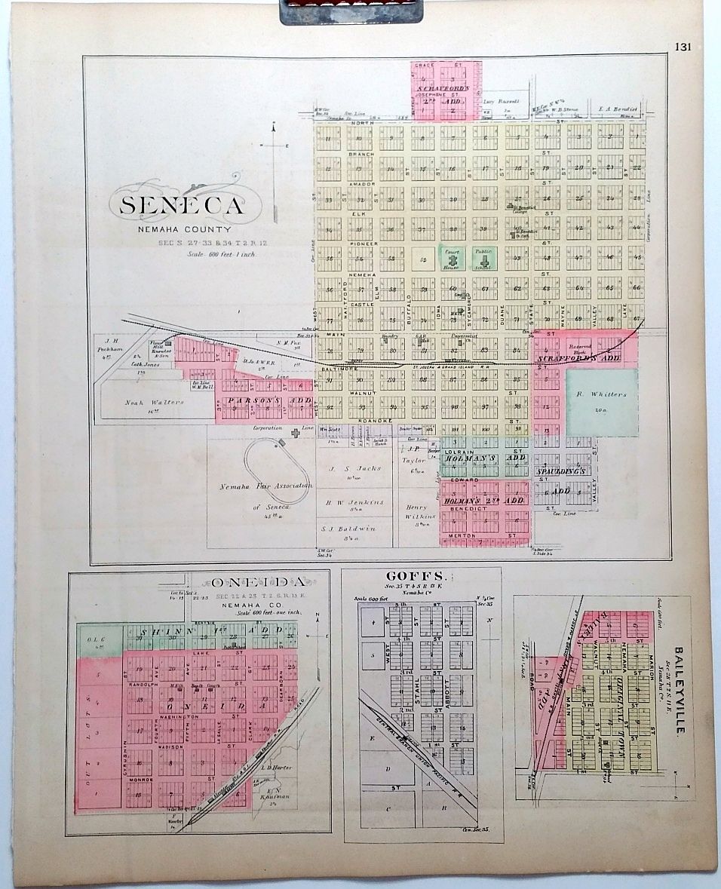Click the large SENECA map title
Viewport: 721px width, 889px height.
pos(180,205)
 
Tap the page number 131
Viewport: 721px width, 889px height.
pos(683,47)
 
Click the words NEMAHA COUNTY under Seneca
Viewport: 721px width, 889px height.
pos(185,229)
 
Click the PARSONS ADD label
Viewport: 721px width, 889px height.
pos(264,400)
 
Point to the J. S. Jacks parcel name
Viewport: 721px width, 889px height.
pos(354,468)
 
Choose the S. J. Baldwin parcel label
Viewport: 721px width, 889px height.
pos(354,528)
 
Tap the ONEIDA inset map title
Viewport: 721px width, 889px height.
pos(259,582)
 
